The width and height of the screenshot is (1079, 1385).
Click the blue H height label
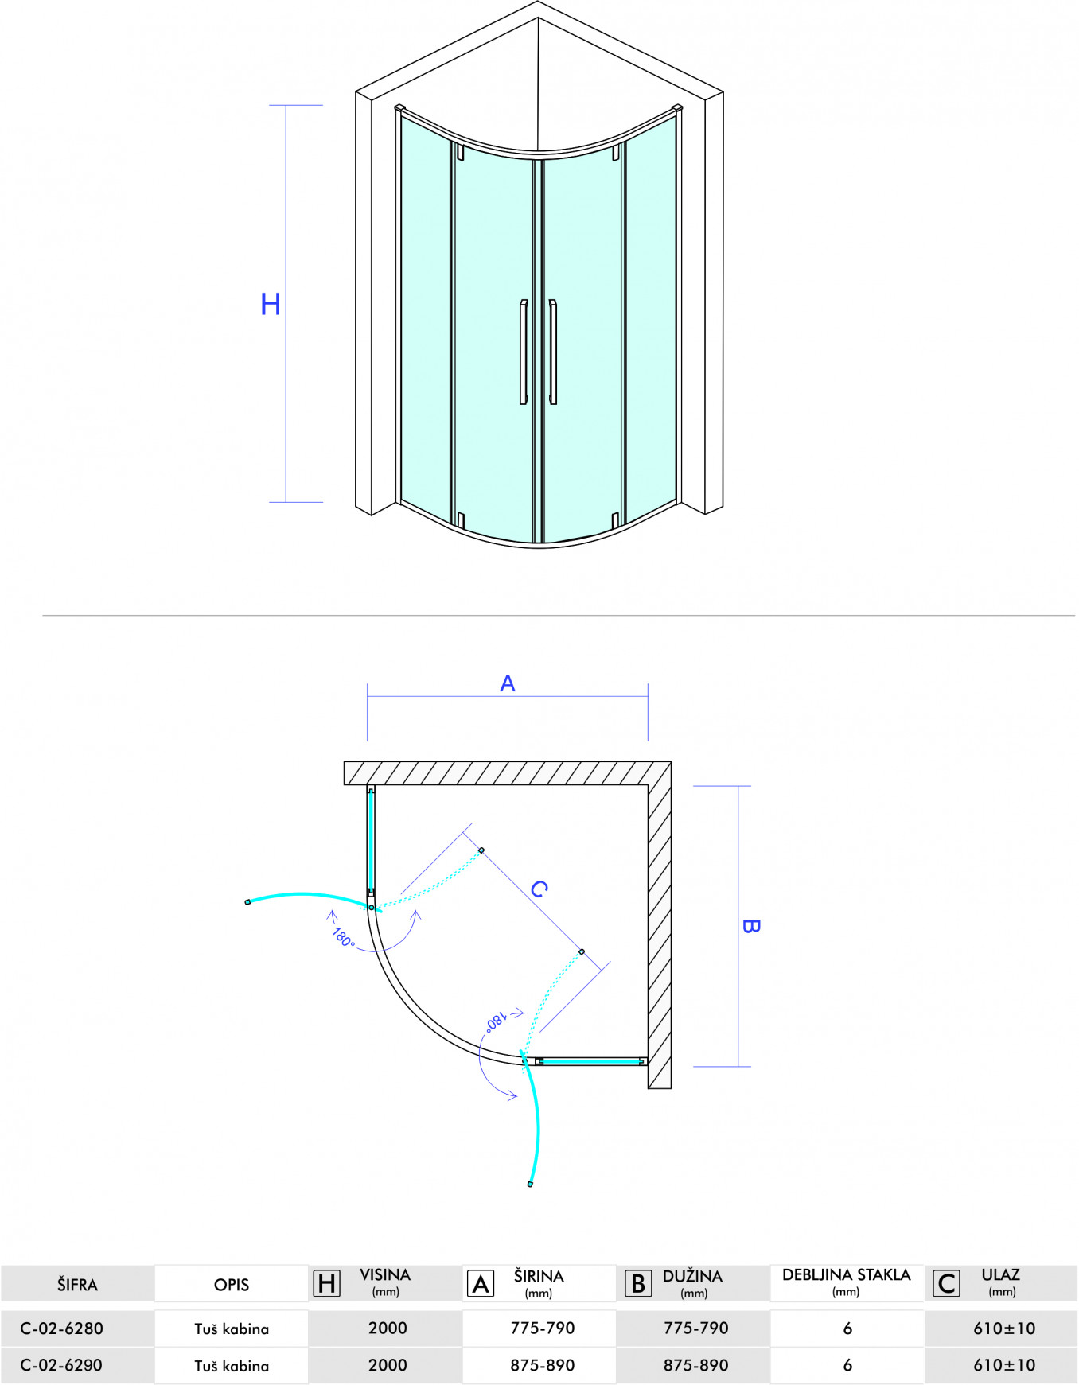pos(271,304)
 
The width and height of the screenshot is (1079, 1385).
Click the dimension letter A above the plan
pos(508,683)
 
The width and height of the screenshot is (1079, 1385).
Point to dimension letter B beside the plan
pos(750,926)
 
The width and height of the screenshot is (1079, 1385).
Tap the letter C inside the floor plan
pos(539,888)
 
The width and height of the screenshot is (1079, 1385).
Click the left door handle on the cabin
pos(523,352)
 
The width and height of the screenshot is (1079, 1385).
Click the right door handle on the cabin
pos(553,352)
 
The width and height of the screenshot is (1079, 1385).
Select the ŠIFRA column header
pos(77,1285)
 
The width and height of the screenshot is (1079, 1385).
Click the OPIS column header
pos(232,1285)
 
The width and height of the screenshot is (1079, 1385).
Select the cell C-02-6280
pos(62,1329)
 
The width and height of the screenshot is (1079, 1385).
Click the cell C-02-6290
pos(62,1365)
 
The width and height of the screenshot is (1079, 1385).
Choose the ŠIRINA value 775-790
pos(543,1328)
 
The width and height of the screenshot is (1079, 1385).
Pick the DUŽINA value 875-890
pos(696,1365)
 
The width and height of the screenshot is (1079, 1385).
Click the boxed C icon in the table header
pos(946,1283)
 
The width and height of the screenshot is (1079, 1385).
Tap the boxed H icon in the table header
pos(327,1283)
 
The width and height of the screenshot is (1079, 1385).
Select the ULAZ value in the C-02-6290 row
pos(1004,1365)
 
